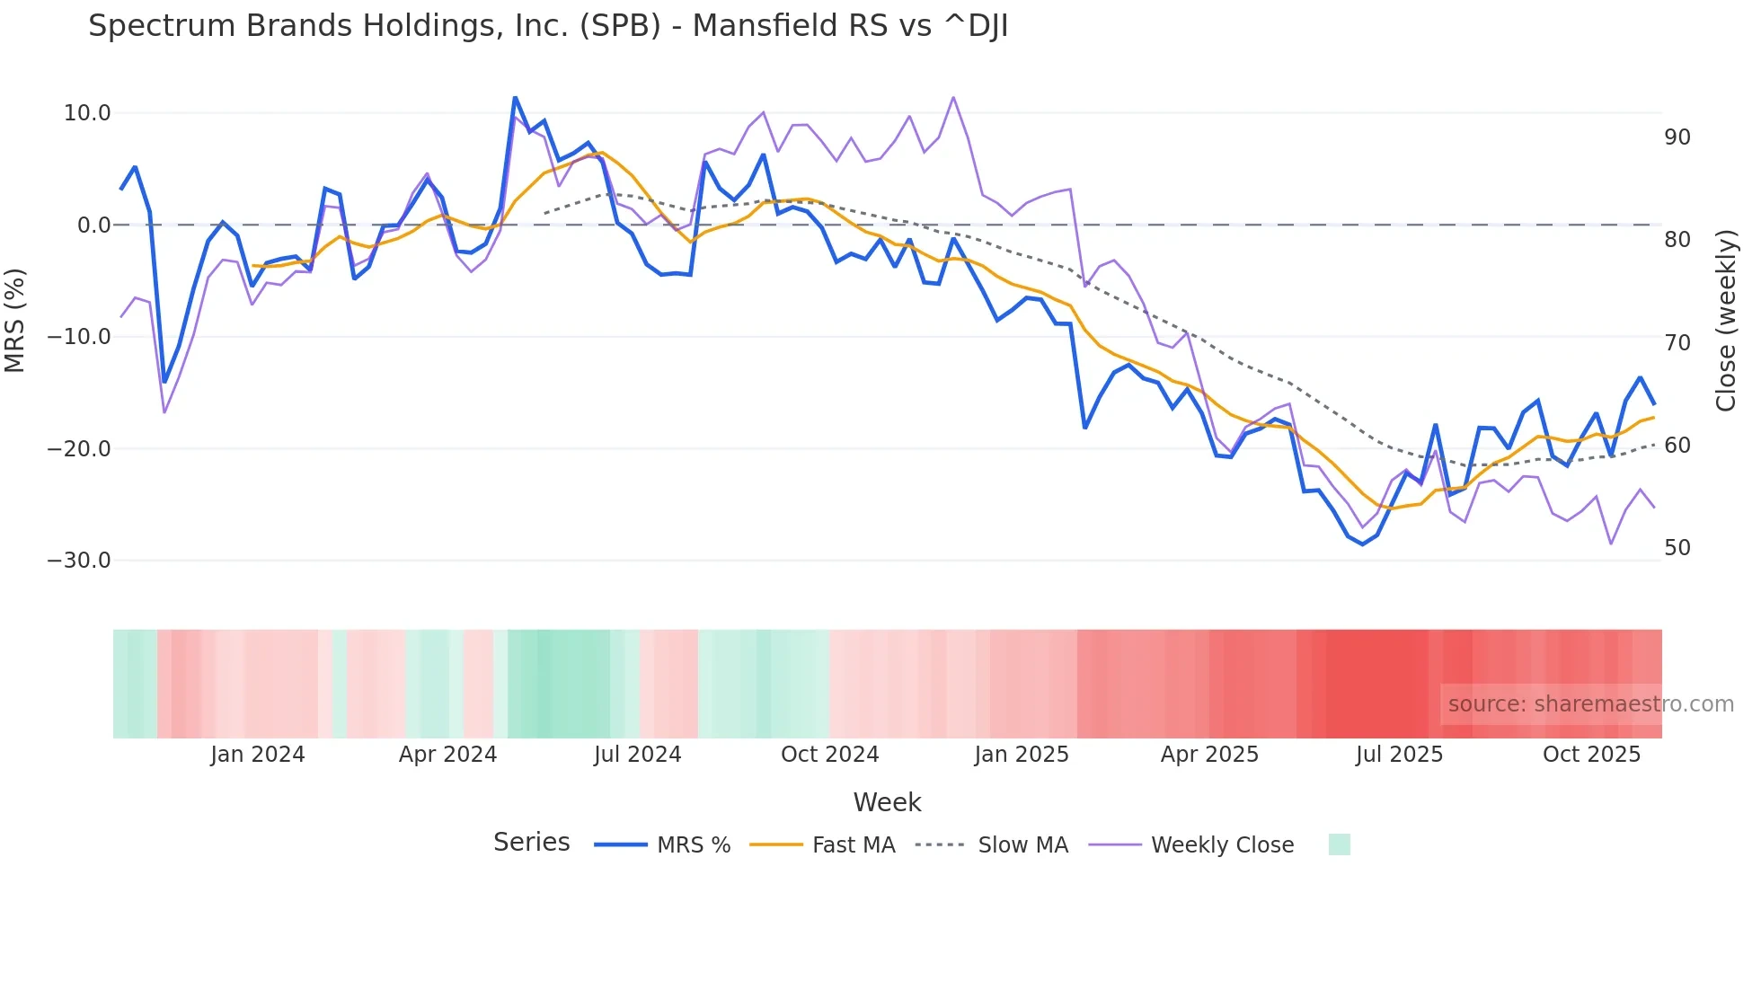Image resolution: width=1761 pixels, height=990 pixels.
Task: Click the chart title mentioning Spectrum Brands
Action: coord(548,26)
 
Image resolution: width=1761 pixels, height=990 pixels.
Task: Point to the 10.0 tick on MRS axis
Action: coord(87,113)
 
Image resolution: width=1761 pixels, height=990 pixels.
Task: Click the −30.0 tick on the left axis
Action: coord(79,561)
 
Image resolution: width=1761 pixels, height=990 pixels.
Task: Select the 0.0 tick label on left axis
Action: coord(93,225)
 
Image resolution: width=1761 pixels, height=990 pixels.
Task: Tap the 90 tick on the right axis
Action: coord(1677,137)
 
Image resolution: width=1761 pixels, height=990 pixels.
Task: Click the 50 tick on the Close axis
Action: coord(1677,548)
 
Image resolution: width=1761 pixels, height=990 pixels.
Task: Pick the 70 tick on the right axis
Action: coord(1677,343)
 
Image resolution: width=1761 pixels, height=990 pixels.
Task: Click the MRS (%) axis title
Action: coord(15,320)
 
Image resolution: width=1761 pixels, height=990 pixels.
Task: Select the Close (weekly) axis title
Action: coord(1725,321)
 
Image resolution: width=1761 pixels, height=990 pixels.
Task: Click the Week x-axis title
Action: coord(887,802)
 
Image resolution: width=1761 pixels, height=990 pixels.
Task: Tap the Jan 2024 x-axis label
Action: coord(258,755)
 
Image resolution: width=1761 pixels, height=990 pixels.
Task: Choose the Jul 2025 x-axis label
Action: coord(1399,755)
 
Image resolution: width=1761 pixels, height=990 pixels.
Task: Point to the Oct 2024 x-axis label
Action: coord(829,755)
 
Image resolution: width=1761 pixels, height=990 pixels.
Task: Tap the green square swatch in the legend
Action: coord(1339,844)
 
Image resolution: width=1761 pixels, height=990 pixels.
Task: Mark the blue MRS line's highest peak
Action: coord(515,97)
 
